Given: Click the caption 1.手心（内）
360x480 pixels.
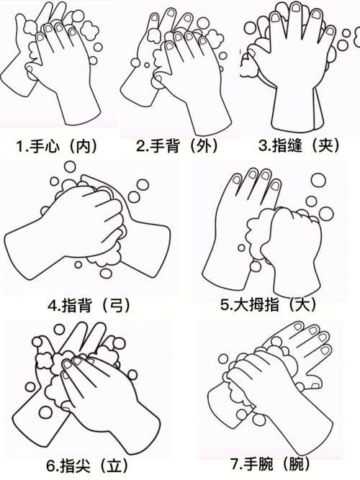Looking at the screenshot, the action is click(57, 146).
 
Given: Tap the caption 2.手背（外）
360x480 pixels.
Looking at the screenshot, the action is click(177, 145).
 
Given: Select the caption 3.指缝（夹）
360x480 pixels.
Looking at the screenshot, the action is click(300, 145).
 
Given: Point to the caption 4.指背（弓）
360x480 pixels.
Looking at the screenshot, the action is click(89, 305).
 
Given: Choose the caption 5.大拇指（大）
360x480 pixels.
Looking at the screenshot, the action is click(269, 304).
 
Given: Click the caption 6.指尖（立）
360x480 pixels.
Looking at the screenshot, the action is click(87, 466).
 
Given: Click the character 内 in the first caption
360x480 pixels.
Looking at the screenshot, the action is click(83, 146).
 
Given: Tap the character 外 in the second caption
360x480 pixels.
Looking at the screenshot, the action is click(203, 145).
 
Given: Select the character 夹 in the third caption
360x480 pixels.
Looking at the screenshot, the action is click(325, 145).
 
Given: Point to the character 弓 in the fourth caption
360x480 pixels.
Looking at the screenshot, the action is click(115, 305).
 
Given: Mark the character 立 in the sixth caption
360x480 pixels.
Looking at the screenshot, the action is click(114, 466).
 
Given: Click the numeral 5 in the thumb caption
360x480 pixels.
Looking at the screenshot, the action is click(225, 305).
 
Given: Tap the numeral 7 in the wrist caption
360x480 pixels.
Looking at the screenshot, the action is click(235, 464).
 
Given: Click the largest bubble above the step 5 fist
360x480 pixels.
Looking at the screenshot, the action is click(318, 180).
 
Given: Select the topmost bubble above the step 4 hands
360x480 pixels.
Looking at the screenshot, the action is click(70, 167).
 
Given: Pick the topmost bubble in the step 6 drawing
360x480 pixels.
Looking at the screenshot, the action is click(59, 330).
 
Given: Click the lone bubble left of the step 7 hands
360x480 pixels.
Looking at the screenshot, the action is click(223, 358).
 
